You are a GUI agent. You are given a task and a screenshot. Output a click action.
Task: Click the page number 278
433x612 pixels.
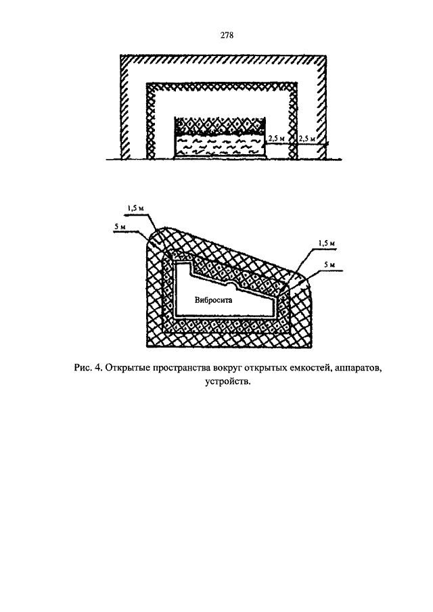click(x=227, y=36)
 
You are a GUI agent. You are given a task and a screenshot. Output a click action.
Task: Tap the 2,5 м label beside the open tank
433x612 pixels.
click(x=276, y=139)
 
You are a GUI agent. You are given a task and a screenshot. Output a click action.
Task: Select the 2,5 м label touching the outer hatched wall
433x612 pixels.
click(x=306, y=139)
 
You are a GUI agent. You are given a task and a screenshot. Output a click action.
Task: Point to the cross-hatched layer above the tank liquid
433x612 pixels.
click(x=219, y=126)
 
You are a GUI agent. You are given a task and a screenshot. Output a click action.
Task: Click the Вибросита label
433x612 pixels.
click(x=213, y=300)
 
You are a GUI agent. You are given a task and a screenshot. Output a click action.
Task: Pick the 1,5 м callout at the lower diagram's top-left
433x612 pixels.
click(x=135, y=208)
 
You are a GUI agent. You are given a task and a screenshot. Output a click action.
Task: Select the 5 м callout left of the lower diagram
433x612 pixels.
click(x=120, y=227)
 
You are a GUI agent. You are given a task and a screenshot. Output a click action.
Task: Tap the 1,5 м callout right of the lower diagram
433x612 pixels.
click(x=327, y=243)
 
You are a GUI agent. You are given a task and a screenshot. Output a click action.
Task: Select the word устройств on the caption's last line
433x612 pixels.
click(x=227, y=381)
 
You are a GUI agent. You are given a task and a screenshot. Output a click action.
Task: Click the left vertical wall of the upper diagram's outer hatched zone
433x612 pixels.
click(x=125, y=108)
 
